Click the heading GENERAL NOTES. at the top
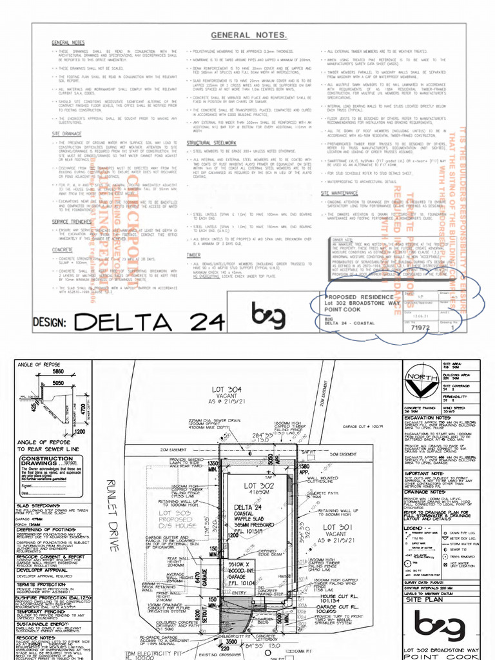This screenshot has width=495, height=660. (248, 34)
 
